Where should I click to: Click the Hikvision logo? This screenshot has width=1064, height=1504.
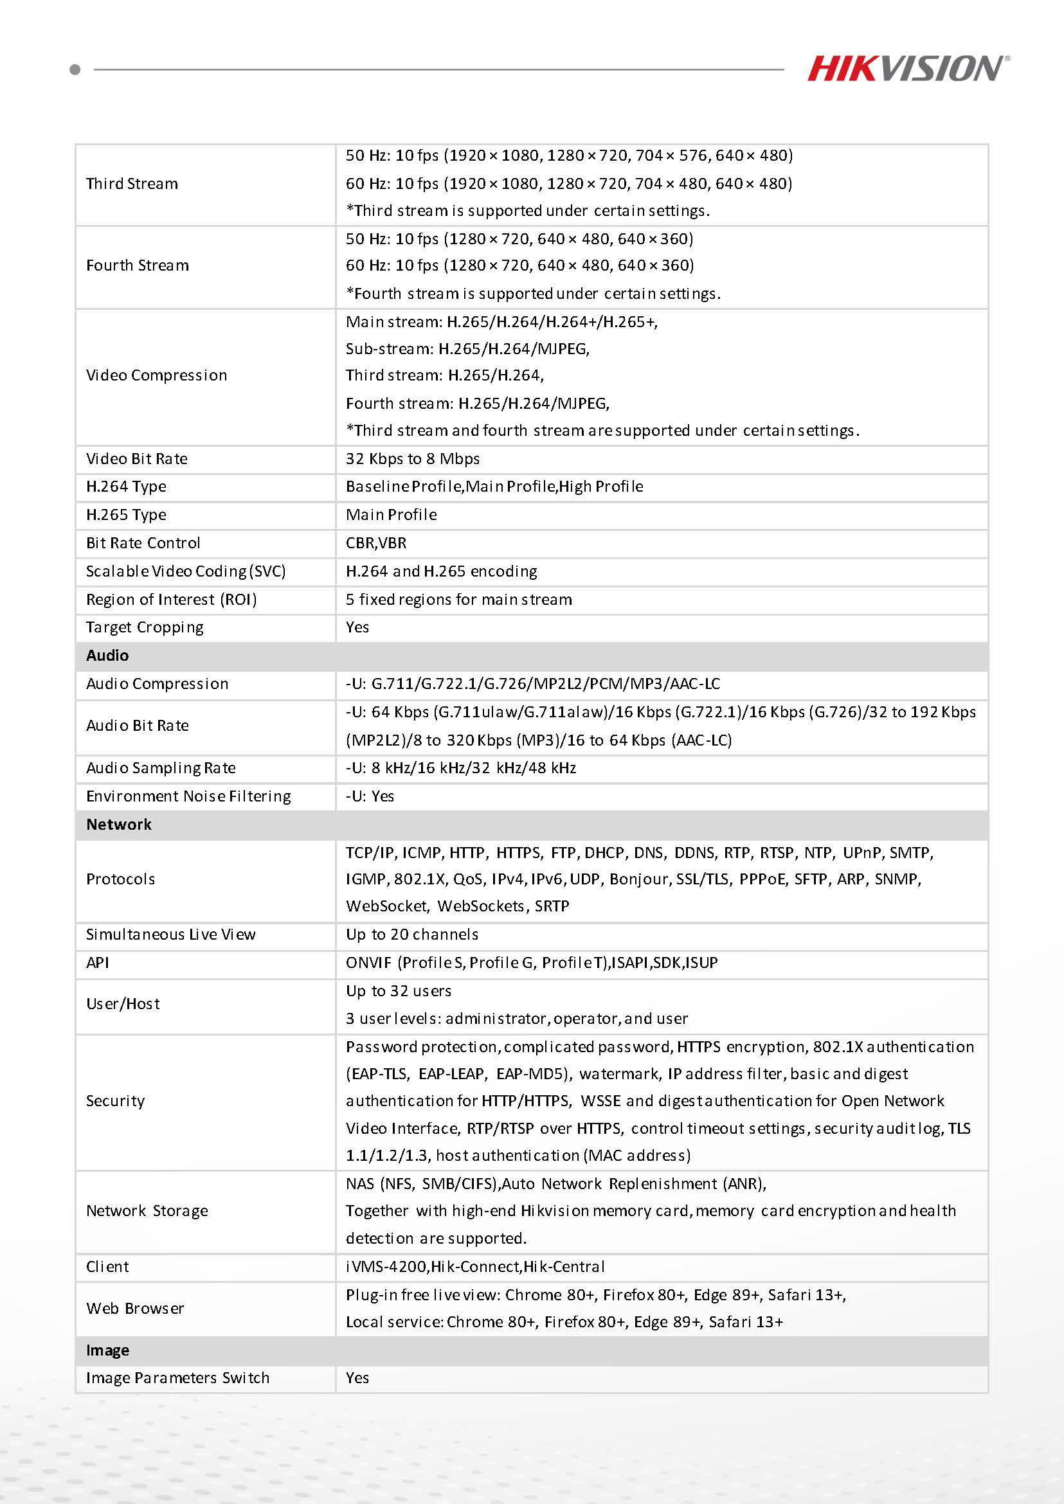[907, 68]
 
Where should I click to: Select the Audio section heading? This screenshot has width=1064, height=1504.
[107, 656]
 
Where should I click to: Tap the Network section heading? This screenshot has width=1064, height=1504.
[118, 825]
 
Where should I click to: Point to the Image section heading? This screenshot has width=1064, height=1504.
[107, 1350]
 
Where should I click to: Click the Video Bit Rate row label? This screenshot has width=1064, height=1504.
[137, 459]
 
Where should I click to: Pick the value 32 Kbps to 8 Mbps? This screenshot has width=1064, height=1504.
[413, 459]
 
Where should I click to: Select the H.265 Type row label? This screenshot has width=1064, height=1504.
[127, 515]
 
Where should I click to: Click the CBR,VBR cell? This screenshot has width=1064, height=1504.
[376, 543]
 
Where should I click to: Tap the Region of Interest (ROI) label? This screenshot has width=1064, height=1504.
[172, 600]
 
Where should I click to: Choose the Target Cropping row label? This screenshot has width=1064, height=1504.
[145, 627]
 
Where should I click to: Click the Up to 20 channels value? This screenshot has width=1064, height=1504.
[412, 935]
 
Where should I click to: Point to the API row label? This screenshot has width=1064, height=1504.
[98, 963]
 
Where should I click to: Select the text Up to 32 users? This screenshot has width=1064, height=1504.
[399, 991]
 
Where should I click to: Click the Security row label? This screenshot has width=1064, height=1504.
[115, 1101]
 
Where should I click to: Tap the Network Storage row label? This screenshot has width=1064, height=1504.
[147, 1211]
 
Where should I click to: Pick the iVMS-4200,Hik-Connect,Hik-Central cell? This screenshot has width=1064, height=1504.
[475, 1267]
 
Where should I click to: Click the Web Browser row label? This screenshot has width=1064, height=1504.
[135, 1309]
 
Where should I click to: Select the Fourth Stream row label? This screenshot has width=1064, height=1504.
[138, 265]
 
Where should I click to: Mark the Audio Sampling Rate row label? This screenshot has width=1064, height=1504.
[161, 768]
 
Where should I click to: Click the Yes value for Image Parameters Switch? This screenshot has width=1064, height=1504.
[357, 1378]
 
